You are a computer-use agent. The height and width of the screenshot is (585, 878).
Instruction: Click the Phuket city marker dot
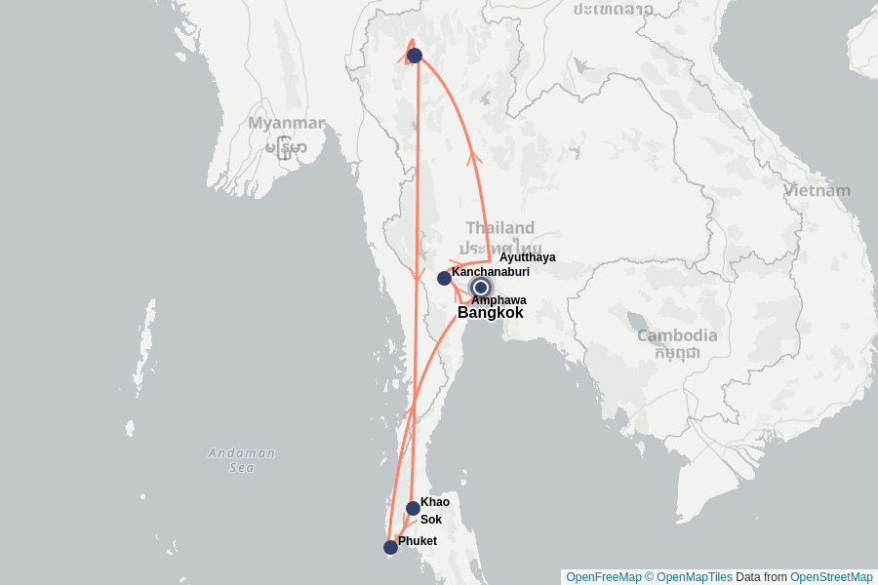390,547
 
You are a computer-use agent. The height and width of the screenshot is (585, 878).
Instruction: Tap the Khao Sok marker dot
413,508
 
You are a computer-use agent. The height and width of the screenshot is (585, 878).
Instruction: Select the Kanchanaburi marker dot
444,278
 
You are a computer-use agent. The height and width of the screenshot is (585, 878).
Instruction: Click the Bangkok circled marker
480,287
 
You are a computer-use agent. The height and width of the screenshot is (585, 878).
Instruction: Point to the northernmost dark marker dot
415,56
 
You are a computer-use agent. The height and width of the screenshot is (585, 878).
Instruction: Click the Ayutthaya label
528,257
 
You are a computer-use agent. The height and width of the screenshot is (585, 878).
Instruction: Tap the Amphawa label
499,300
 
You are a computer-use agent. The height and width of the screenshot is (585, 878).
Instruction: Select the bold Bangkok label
490,313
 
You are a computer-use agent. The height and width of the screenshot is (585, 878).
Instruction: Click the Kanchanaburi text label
491,272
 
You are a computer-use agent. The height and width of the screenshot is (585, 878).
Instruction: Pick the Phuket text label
418,540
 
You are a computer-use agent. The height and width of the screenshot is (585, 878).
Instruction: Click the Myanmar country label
286,124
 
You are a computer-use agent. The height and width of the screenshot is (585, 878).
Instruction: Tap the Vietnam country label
818,190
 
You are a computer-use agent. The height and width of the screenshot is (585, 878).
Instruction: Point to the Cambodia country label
677,335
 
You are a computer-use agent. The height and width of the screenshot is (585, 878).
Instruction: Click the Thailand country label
500,228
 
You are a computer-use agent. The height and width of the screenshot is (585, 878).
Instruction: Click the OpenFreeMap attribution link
603,577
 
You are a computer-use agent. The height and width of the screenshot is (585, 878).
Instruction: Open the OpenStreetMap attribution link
831,577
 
